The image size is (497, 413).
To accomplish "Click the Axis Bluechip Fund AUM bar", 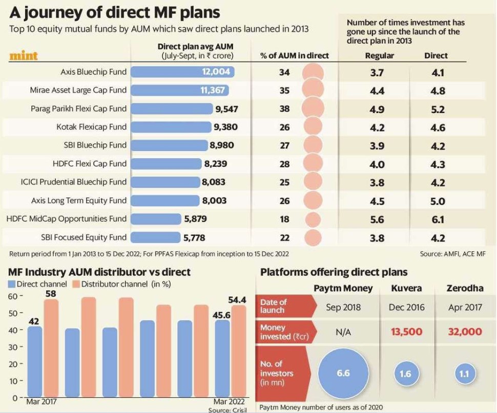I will (x=182, y=72).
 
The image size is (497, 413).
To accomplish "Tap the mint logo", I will (x=24, y=56).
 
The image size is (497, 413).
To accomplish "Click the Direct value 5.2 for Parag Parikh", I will (x=438, y=110).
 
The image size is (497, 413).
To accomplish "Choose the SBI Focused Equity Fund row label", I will (x=84, y=237).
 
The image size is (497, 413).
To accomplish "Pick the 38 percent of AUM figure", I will (x=284, y=109).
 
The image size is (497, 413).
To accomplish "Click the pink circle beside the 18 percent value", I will (x=313, y=220).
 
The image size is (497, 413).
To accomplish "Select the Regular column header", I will (x=379, y=56).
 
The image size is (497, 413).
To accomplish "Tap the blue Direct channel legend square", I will (x=12, y=284).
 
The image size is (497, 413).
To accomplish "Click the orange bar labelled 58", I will (x=51, y=348).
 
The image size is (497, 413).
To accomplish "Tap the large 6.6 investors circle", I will (x=343, y=373).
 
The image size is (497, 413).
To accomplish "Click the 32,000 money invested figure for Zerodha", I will (x=464, y=332).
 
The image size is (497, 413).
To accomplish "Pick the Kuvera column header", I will (x=406, y=288).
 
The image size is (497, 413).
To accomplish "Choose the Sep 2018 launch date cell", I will (x=343, y=307).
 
